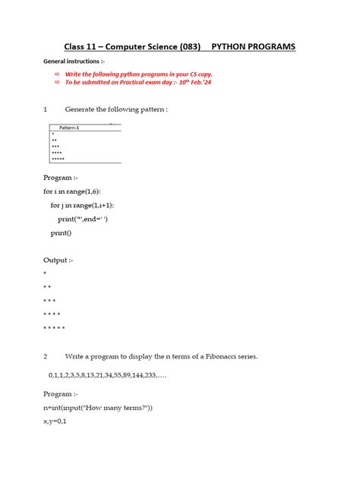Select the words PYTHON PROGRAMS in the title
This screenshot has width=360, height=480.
(x=253, y=47)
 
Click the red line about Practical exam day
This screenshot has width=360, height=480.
(x=144, y=85)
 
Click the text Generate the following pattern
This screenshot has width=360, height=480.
(x=116, y=109)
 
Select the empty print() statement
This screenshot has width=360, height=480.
(x=62, y=233)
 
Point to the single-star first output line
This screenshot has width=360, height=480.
(x=45, y=272)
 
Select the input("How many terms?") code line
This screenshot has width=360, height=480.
(x=98, y=409)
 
